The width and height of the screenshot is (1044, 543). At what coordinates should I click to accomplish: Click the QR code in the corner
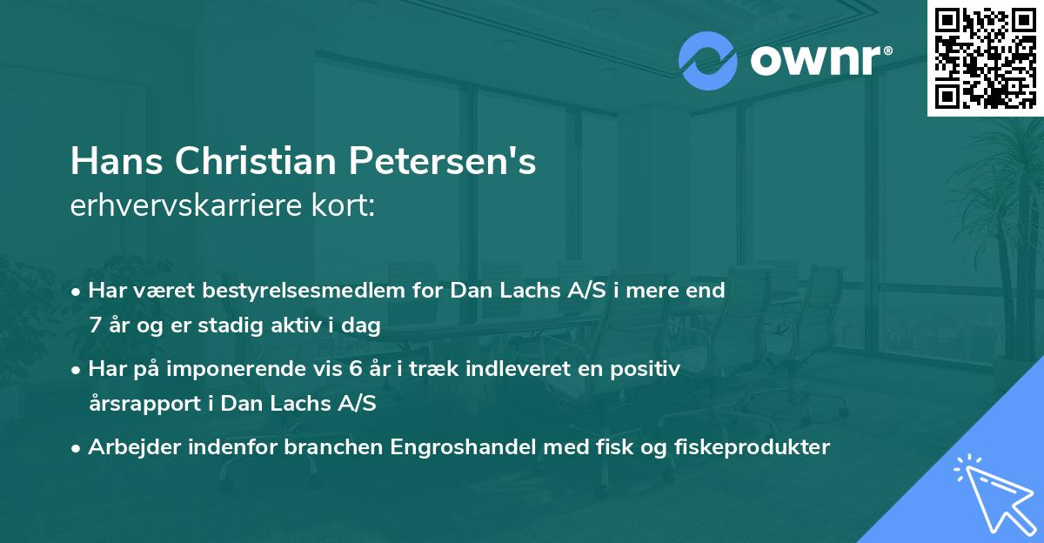click(x=985, y=58)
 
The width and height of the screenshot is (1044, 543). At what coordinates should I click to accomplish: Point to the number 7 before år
click(x=94, y=326)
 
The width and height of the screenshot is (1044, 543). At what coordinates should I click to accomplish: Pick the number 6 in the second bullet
click(x=355, y=369)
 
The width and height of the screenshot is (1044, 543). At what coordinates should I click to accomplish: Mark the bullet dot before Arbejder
click(x=77, y=448)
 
